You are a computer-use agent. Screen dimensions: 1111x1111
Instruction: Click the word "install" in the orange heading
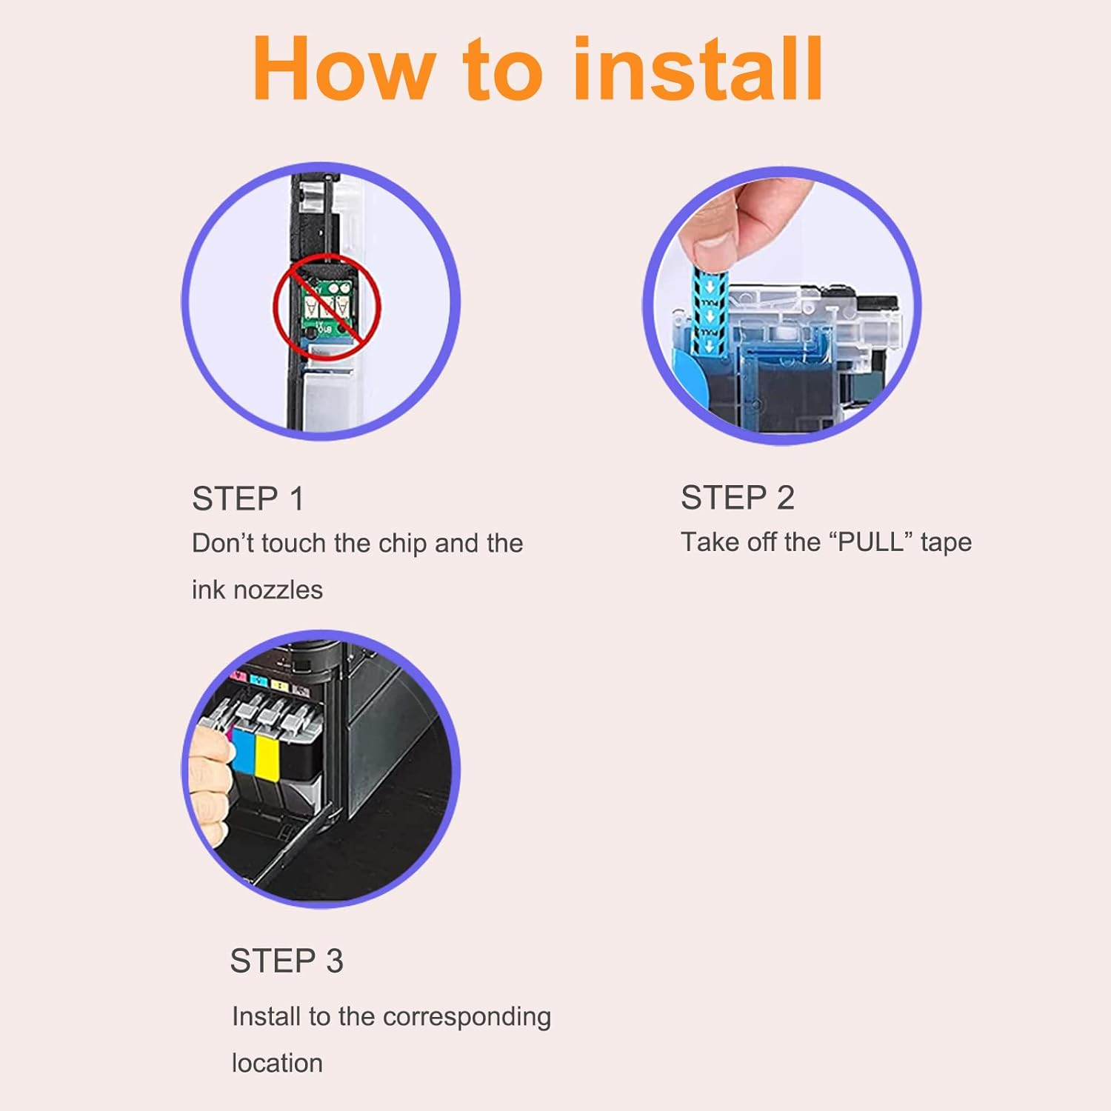[x=698, y=68]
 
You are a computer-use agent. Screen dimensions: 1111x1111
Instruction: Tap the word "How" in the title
[x=342, y=68]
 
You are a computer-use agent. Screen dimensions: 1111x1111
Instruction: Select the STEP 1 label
[x=248, y=498]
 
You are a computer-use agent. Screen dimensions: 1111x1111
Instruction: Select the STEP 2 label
[x=738, y=497]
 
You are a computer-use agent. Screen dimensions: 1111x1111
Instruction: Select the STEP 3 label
[x=287, y=961]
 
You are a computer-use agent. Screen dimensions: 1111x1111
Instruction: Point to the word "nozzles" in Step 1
[x=277, y=590]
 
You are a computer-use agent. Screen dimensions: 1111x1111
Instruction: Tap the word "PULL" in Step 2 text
[x=871, y=541]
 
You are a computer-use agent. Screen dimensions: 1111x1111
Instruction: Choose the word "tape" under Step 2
[x=946, y=543]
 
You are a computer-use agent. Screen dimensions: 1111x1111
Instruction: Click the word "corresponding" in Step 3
[x=467, y=1018]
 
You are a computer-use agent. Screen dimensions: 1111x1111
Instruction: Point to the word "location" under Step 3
[x=277, y=1063]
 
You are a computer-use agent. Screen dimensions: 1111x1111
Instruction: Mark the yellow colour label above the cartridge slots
[x=279, y=685]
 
